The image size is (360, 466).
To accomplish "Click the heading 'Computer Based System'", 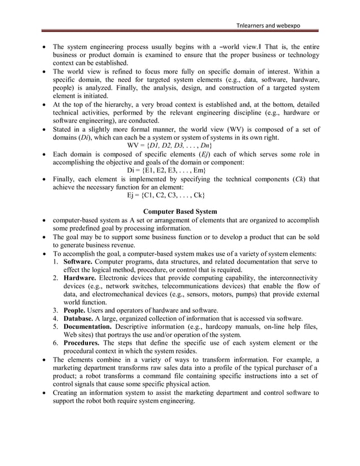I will tap(180, 212).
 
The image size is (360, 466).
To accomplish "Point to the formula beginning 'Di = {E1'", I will tap(163, 170).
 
